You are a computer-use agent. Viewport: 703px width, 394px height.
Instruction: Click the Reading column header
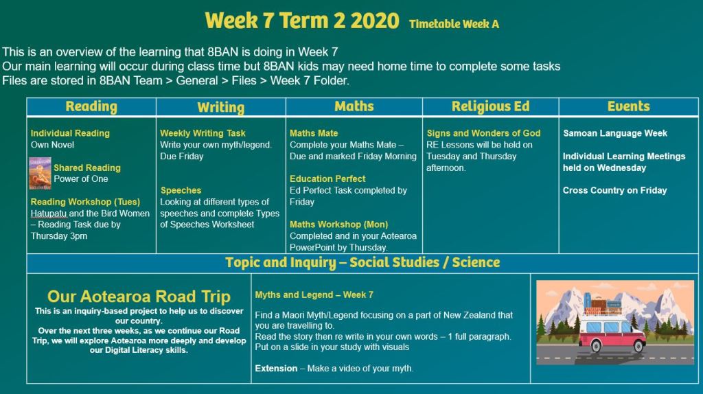tap(91, 106)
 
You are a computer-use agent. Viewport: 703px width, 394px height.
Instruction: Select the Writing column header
tap(220, 107)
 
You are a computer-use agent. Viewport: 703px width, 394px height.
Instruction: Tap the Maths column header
tap(354, 106)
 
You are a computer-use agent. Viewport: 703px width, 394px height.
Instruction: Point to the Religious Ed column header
tap(490, 106)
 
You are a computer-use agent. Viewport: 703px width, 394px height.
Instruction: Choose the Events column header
tap(628, 106)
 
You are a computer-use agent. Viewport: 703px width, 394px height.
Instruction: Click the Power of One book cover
tap(40, 174)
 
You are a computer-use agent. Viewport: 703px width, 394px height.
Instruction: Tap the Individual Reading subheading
tap(70, 133)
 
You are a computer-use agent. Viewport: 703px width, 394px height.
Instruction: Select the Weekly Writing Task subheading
tap(203, 133)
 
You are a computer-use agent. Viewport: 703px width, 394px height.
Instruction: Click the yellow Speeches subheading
tap(181, 191)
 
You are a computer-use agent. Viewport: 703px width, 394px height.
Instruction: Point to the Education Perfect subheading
tap(327, 179)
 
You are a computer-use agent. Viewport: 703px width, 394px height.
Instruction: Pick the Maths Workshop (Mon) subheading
tap(338, 224)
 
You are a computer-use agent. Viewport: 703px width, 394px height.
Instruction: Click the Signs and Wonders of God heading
tap(483, 133)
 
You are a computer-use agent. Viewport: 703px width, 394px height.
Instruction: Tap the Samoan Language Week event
tap(615, 133)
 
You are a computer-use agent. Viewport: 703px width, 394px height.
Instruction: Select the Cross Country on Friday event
tap(614, 191)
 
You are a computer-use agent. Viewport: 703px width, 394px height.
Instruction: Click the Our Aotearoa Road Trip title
tap(139, 297)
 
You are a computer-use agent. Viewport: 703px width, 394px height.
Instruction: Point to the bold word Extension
tap(276, 369)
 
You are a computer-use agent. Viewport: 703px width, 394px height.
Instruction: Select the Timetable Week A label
tap(454, 24)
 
